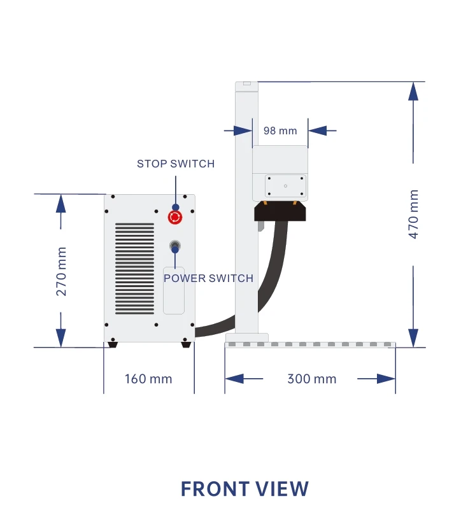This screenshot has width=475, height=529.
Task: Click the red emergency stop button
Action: pyautogui.click(x=174, y=218)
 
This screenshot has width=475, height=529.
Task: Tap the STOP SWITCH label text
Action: pyautogui.click(x=176, y=164)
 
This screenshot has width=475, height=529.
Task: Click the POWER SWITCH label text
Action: pyautogui.click(x=208, y=278)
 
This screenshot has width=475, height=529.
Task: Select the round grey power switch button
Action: pyautogui.click(x=174, y=245)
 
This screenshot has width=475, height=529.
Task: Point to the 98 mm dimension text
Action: pyautogui.click(x=280, y=130)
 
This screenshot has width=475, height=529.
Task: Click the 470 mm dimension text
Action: pyautogui.click(x=414, y=214)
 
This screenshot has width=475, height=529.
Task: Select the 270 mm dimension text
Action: pyautogui.click(x=61, y=271)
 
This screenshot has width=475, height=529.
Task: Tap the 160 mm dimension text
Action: pyautogui.click(x=148, y=379)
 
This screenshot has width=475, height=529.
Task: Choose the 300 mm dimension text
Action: pyautogui.click(x=311, y=379)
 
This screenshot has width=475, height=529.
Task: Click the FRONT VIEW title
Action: pyautogui.click(x=245, y=489)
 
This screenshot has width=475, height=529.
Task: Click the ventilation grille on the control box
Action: pyautogui.click(x=134, y=268)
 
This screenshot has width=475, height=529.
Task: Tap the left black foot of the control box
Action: pyautogui.click(x=112, y=344)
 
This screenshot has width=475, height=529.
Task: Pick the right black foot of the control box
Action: pyautogui.click(x=186, y=344)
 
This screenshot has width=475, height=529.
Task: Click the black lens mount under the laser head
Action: pyautogui.click(x=280, y=211)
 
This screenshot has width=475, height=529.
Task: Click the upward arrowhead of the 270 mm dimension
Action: pyautogui.click(x=61, y=203)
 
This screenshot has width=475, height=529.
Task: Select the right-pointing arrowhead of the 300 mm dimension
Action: pyautogui.click(x=386, y=379)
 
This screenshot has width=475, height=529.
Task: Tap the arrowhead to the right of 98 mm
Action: pyautogui.click(x=317, y=130)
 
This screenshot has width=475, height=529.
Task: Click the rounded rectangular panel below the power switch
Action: pyautogui.click(x=174, y=290)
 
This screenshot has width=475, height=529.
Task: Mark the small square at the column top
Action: pyautogui.click(x=247, y=83)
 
